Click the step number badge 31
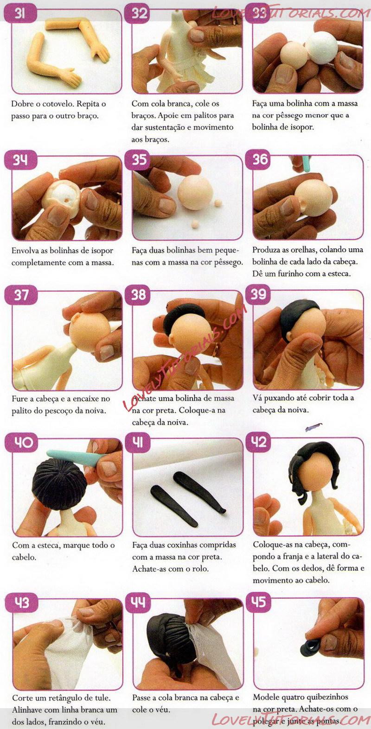pyautogui.click(x=20, y=14)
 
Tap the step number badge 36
pyautogui.click(x=260, y=160)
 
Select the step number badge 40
pyautogui.click(x=24, y=442)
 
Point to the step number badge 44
pyautogui.click(x=138, y=603)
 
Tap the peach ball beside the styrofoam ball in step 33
pyautogui.click(x=294, y=56)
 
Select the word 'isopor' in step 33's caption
pyautogui.click(x=302, y=127)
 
